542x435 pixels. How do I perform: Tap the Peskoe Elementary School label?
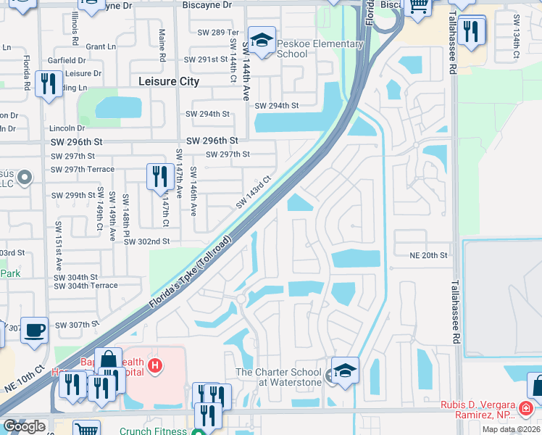point(309,49)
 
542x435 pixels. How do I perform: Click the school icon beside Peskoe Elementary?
point(262,38)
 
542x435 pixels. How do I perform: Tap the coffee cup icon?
point(34,331)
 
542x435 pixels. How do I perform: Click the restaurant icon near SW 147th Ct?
point(159,177)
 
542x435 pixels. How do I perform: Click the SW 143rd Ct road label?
point(253,192)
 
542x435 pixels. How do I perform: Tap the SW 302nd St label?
point(146,241)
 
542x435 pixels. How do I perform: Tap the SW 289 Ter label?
point(218,33)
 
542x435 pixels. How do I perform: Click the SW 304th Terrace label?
point(86,286)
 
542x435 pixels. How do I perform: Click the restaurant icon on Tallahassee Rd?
point(472,32)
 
